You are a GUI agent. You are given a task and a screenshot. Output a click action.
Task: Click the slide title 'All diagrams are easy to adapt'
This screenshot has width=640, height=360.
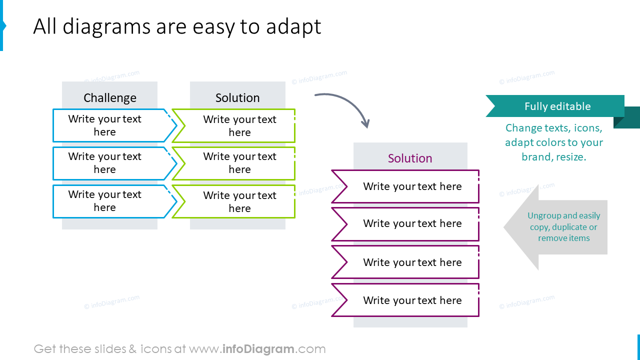(177, 26)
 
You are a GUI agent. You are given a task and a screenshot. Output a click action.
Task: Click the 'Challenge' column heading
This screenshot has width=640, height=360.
(110, 98)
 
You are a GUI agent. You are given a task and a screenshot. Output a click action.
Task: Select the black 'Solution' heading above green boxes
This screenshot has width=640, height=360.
(237, 98)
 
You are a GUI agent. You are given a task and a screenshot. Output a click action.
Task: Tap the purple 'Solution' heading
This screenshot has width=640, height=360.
(410, 158)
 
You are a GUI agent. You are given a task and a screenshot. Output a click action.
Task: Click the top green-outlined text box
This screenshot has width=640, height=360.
(239, 126)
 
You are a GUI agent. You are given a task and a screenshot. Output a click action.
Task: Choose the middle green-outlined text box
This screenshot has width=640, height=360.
(239, 163)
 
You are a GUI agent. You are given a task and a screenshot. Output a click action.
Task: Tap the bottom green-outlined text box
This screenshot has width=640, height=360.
(239, 201)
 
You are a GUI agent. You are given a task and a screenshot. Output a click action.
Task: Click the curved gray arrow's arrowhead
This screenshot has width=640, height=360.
(366, 123)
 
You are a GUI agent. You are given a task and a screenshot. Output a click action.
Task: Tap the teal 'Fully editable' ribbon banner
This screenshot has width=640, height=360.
(557, 106)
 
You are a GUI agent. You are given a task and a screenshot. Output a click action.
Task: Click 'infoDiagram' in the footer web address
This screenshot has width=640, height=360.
(257, 349)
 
